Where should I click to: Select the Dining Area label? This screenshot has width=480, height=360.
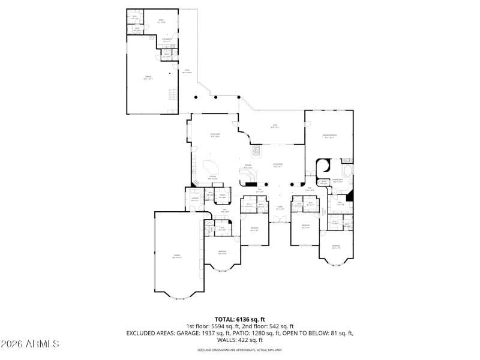point(214,135)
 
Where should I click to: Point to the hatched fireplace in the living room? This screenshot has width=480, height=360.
point(256,151)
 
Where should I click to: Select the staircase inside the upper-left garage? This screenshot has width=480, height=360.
point(173,95)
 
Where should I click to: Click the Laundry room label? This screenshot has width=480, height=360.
point(195,199)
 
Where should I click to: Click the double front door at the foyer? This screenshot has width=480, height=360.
point(280,222)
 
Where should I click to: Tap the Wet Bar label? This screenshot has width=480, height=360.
point(247,166)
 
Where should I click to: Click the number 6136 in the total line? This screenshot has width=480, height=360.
point(243,319)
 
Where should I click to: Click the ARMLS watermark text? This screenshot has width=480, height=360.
point(30,344)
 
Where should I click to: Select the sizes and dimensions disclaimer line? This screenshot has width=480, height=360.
point(240,350)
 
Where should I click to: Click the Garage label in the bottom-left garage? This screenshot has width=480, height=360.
point(176,257)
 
